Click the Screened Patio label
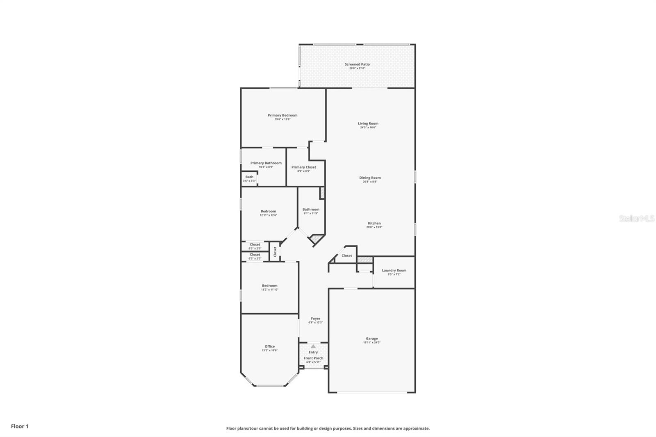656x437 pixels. click(357, 64)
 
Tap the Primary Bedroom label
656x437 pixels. click(282, 115)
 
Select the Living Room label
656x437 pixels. click(368, 123)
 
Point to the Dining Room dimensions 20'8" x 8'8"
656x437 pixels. click(370, 182)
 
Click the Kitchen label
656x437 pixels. click(374, 223)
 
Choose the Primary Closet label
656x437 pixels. click(303, 167)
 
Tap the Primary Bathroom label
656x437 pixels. click(266, 163)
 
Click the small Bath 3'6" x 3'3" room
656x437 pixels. click(249, 179)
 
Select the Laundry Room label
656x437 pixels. click(394, 271)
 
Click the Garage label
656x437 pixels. click(372, 339)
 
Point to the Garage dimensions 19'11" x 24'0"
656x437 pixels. click(372, 343)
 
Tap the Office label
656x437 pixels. click(269, 346)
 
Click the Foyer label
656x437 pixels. click(315, 319)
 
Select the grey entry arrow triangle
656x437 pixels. click(313, 346)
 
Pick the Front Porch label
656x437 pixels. click(313, 358)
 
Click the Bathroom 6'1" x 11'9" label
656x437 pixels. click(311, 209)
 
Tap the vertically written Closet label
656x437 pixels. click(275, 251)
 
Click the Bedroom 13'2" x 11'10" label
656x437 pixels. click(269, 286)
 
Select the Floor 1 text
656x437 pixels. click(20, 426)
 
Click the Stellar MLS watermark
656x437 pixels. click(636, 219)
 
